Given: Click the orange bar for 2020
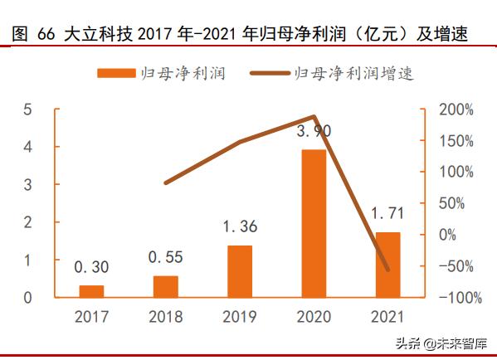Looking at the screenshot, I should point(314,223).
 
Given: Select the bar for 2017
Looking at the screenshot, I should point(91,291).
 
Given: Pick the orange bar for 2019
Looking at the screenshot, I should point(240,271).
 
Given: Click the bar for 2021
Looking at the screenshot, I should point(387,265).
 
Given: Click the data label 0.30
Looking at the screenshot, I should point(91,267).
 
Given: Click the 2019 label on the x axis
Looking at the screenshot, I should point(240,317).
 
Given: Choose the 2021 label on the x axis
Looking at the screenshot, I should point(387,317).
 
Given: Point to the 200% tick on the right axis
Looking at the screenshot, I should point(455,109).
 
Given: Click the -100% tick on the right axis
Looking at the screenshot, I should point(453,297).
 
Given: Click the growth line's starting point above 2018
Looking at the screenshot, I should point(166,182).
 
